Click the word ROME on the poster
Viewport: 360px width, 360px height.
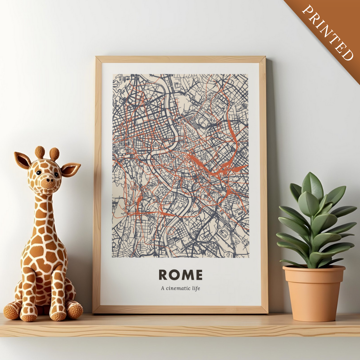point(180,275)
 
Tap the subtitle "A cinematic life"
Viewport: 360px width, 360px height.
point(180,288)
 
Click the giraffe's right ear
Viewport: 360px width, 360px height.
point(70,169)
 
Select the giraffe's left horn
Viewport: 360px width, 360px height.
point(40,152)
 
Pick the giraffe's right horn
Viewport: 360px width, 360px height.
point(54,154)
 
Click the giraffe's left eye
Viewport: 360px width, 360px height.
point(39,173)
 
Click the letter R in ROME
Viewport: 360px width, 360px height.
point(163,275)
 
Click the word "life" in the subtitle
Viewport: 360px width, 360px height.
point(196,288)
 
